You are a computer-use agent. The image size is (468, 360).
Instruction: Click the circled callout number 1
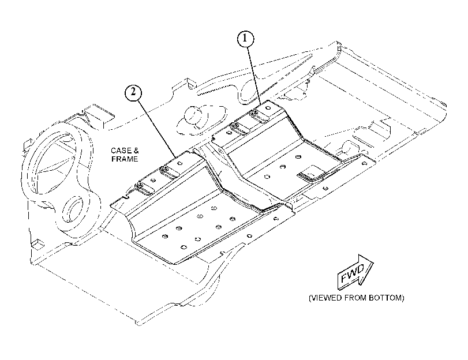[245, 39]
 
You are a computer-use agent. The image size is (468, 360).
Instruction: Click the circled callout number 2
[133, 92]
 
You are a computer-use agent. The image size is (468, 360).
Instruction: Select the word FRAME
[125, 159]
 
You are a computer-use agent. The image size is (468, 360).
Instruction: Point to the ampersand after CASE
[136, 151]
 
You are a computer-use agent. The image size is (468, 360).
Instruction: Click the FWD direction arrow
[355, 272]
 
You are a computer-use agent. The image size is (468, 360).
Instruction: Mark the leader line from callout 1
[254, 76]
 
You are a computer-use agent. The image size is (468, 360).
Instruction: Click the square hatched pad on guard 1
[311, 173]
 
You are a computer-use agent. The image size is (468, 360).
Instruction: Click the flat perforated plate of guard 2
[197, 226]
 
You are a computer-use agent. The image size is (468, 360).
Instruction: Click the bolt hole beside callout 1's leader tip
[268, 107]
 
